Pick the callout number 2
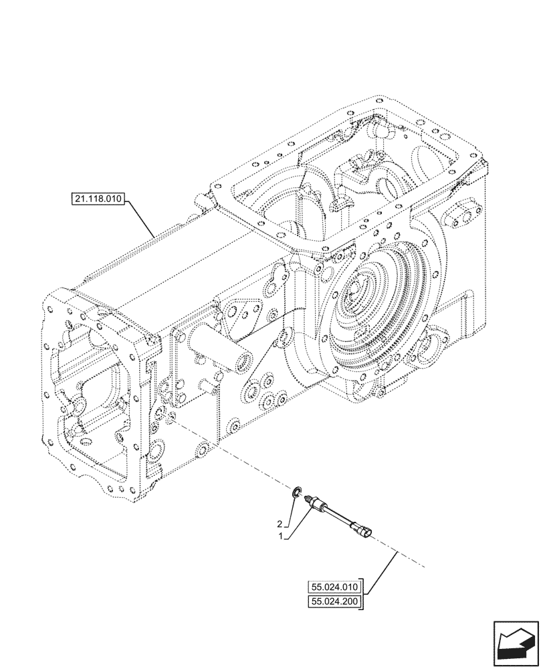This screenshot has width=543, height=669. click(x=280, y=524)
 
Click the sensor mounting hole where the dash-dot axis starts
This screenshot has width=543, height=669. click(x=162, y=417)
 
